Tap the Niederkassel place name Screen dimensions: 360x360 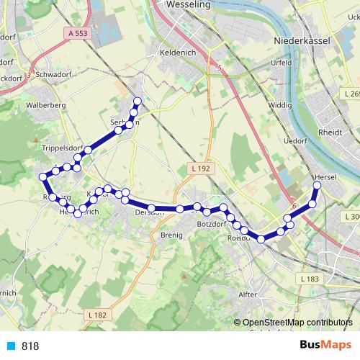click(x=302, y=41)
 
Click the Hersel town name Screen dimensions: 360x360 click(x=325, y=176)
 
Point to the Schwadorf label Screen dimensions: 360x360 click(x=50, y=74)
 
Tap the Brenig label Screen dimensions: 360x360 click(x=171, y=235)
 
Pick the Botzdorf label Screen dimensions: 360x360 click(x=210, y=225)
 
